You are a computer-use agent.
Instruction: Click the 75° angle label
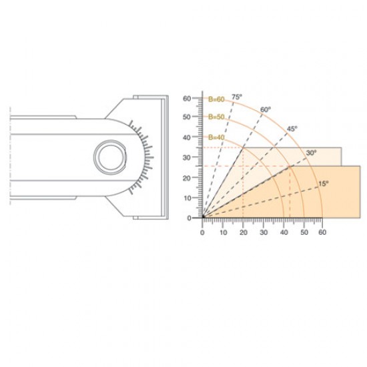tap(236, 97)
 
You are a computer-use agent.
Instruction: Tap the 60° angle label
tap(265, 109)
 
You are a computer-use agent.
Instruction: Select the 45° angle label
tap(292, 128)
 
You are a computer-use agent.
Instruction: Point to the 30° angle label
tap(311, 153)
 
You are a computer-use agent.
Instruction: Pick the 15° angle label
tap(324, 183)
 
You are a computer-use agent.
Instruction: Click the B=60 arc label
tap(216, 99)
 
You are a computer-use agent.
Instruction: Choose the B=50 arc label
tap(216, 117)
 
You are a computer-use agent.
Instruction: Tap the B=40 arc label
tap(217, 137)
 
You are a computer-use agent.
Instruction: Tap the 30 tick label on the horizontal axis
tap(263, 234)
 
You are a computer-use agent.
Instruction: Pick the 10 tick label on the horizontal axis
tap(223, 234)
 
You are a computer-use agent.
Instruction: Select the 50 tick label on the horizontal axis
tap(303, 234)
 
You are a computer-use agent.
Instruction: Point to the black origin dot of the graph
tap(204, 218)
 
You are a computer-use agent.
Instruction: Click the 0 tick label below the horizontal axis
tap(203, 234)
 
